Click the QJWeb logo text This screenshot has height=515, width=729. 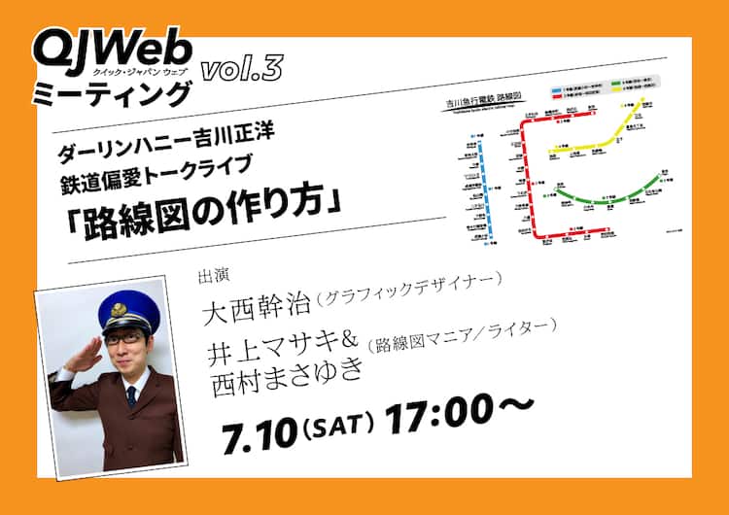(112, 47)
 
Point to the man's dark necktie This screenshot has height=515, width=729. (131, 395)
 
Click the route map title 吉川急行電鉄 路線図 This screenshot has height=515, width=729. (499, 101)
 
